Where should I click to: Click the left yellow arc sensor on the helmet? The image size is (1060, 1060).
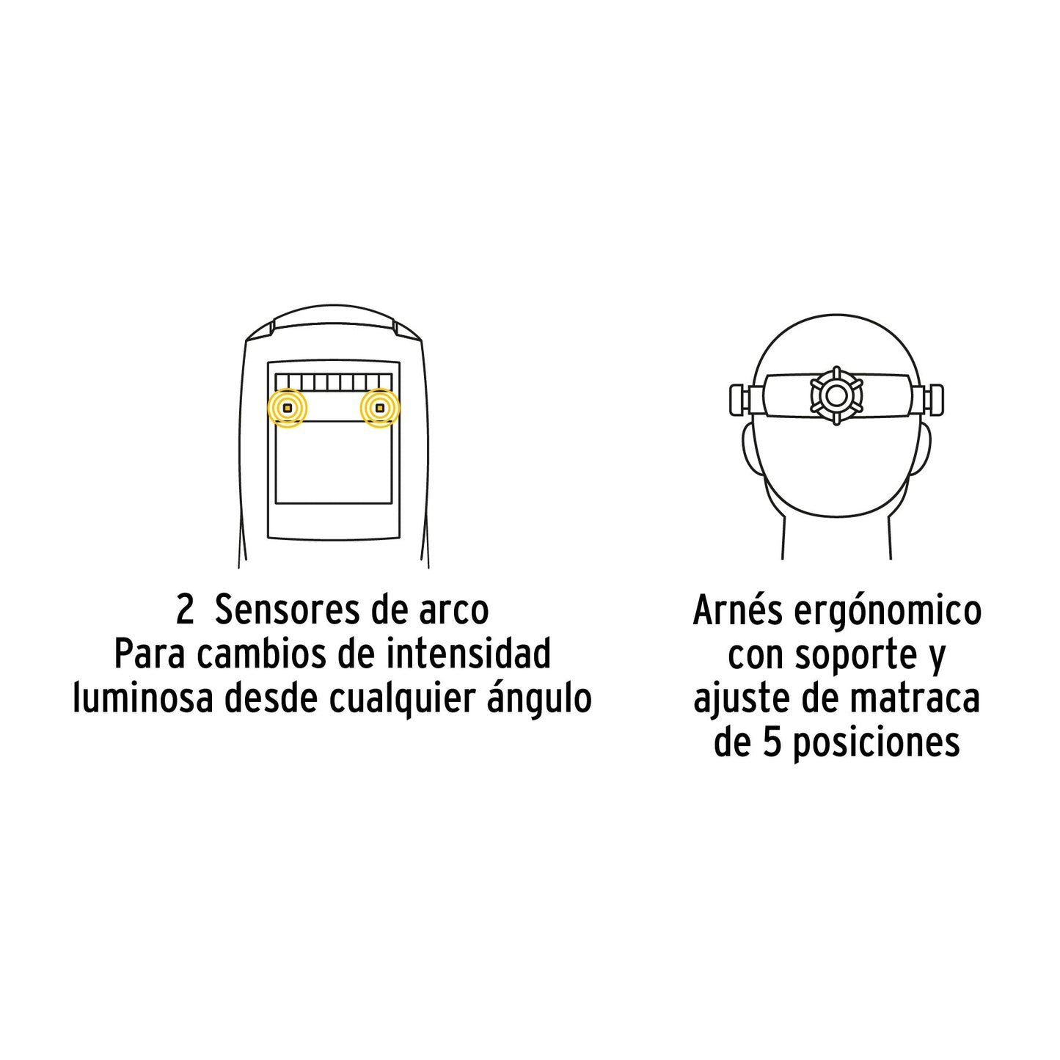click(288, 408)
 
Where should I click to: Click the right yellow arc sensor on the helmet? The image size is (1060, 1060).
click(379, 408)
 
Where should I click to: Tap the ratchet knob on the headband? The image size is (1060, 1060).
click(836, 395)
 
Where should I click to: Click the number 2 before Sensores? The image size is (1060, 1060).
click(185, 610)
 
